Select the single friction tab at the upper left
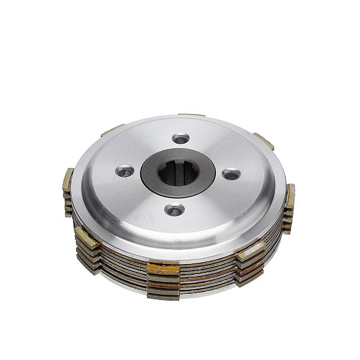pyautogui.click(x=112, y=130)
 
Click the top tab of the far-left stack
pyautogui.click(x=68, y=178)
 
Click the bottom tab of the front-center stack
pyautogui.click(x=164, y=295)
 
